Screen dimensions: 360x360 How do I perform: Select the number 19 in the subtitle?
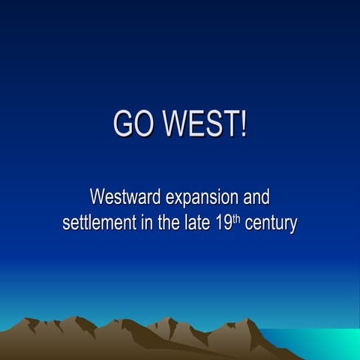pos(220,223)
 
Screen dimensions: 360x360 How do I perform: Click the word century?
pos(268,224)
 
